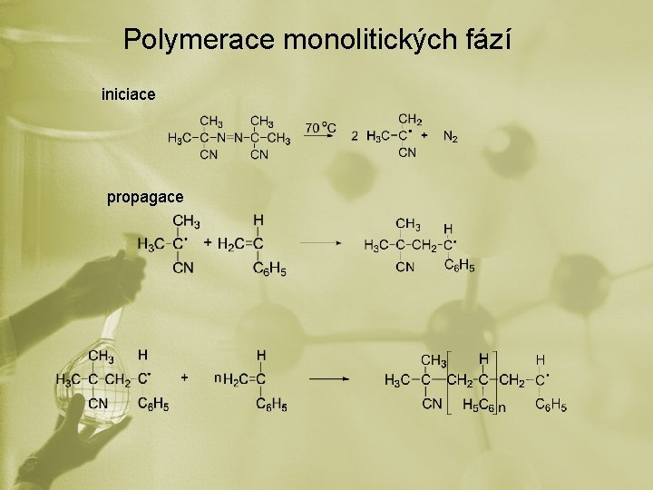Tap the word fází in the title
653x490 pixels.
490,40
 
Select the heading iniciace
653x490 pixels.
129,93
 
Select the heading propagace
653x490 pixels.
145,197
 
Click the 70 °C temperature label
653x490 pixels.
320,128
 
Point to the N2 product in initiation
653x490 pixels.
451,137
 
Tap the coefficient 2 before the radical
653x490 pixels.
355,136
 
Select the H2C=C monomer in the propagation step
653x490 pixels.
240,243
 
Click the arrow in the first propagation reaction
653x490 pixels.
320,243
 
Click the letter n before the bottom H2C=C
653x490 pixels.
217,376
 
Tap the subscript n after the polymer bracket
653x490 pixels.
502,408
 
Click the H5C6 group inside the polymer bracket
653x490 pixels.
478,405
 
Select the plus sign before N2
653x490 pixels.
425,136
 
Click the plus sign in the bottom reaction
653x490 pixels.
185,376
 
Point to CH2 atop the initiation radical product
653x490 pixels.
410,119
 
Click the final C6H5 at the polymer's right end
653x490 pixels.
551,405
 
